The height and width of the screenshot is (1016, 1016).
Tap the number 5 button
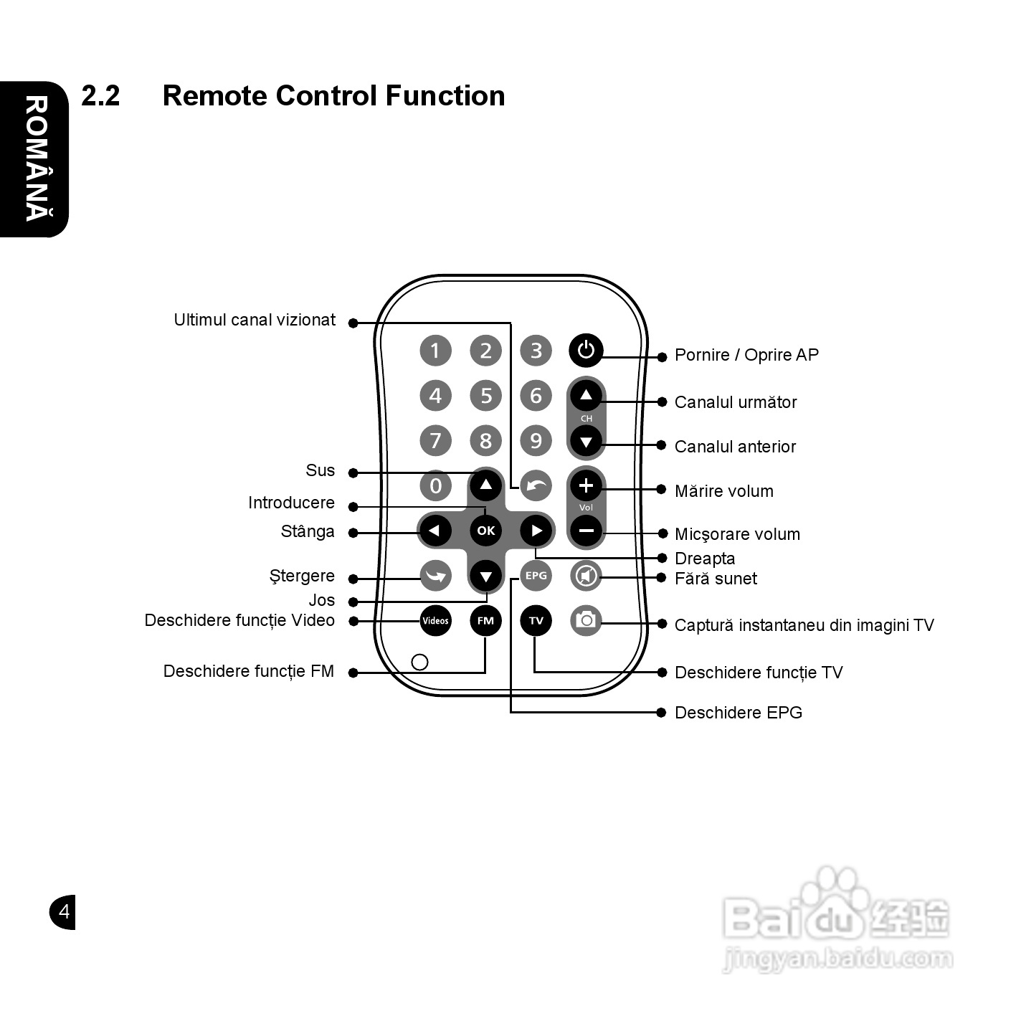click(x=486, y=396)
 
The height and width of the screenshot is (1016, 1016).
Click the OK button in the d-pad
click(x=486, y=531)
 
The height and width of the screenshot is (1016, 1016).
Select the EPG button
click(x=536, y=576)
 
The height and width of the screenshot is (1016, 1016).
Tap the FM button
click(x=485, y=620)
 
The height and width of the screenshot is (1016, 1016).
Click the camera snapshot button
click(x=587, y=620)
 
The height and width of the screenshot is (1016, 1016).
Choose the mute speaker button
click(x=587, y=576)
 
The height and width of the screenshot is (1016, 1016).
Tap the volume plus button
click(x=587, y=485)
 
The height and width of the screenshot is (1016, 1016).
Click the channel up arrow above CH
click(x=587, y=396)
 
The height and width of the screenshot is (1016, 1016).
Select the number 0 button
click(x=435, y=485)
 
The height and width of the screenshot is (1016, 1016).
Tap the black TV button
click(x=536, y=620)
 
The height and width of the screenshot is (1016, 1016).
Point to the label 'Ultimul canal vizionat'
click(x=255, y=320)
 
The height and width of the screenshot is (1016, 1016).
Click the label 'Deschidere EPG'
click(x=739, y=713)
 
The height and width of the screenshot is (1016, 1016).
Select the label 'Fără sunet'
click(x=716, y=579)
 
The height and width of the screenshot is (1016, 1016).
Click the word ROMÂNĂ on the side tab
click(x=37, y=158)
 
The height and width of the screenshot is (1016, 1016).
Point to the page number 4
click(x=65, y=911)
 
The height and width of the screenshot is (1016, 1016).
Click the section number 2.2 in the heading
click(x=100, y=96)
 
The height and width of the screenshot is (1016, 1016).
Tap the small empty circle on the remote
click(x=419, y=663)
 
